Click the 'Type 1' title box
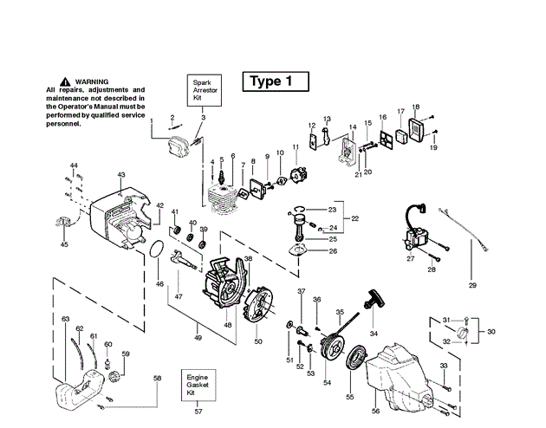pos(276,81)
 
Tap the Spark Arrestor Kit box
pos(205,90)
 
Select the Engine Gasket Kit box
pos(198,386)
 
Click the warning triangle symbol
pos(65,81)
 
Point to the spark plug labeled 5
pos(221,176)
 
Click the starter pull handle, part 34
pos(374,299)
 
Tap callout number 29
pos(472,285)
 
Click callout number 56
pos(375,411)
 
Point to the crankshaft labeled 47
pos(184,260)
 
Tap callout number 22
pos(354,218)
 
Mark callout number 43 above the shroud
pos(121,175)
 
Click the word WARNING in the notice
pos(92,81)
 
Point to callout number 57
pos(198,412)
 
